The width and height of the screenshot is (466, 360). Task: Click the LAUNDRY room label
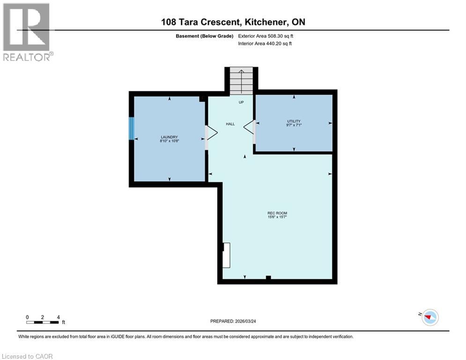169,136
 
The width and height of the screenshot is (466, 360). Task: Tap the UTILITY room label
294,121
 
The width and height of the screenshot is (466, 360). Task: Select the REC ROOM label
277,213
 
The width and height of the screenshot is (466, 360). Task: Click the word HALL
230,124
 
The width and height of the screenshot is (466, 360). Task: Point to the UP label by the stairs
241,102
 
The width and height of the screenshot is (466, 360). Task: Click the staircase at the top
241,81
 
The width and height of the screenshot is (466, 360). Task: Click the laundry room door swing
211,133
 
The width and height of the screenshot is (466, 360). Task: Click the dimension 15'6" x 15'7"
277,217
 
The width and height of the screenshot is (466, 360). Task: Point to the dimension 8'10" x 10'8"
169,141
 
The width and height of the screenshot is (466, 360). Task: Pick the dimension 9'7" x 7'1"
294,125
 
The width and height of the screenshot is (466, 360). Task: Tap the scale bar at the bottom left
43,322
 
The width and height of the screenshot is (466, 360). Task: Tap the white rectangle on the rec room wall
226,255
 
